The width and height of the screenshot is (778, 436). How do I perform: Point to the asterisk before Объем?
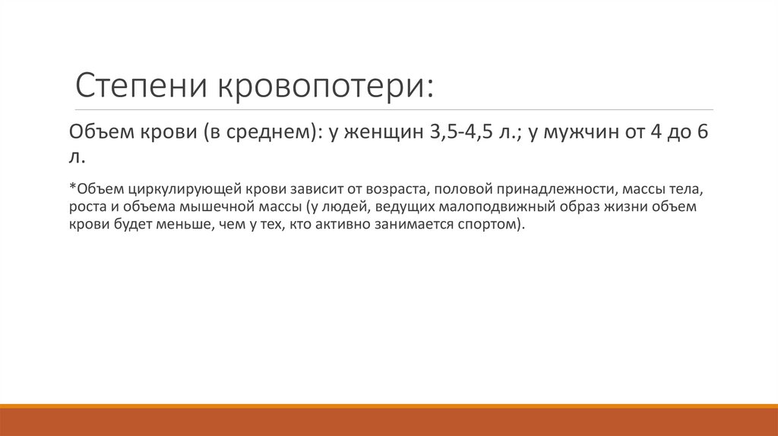71,185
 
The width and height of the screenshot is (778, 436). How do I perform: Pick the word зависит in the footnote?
292,187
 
